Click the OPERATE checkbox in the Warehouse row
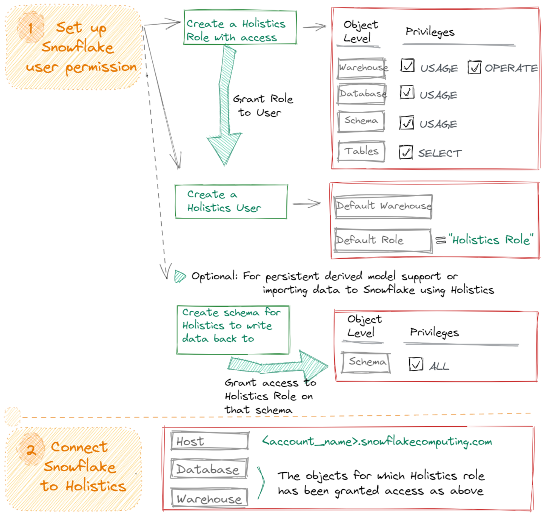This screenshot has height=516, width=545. coord(474,67)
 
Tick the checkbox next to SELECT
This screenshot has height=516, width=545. coord(406,152)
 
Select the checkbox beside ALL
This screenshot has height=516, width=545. coord(416,364)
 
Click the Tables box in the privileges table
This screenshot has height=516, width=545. coord(361,151)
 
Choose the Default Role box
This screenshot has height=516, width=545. coord(383,240)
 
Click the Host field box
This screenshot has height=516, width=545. coord(210,441)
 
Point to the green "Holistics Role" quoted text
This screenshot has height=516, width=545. coord(491,240)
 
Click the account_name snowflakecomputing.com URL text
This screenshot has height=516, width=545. coord(377,441)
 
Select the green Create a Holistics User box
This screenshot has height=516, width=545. coord(231,202)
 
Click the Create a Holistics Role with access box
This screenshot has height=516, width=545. coord(240,27)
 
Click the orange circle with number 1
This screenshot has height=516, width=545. coord(30,27)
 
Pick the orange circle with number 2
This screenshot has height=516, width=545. coord(31,450)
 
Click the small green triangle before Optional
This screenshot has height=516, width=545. coord(179,276)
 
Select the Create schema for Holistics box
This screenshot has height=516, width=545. coord(233,330)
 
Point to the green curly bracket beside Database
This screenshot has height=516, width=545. coord(261,483)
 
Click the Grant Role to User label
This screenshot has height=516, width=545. coord(262,106)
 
